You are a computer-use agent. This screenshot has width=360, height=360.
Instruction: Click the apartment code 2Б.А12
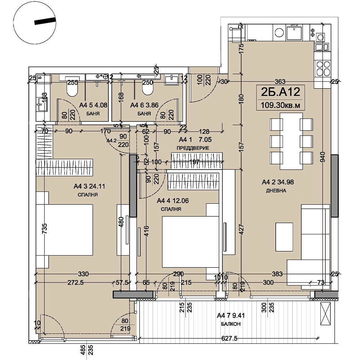[280, 92]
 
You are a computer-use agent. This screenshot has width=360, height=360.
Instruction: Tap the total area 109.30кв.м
[280, 105]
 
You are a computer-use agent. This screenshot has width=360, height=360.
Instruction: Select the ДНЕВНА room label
[276, 191]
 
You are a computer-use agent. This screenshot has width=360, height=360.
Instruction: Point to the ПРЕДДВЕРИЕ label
[193, 148]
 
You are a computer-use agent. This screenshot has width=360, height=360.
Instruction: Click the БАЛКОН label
[231, 324]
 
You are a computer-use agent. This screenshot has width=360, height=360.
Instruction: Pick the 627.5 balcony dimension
[229, 338]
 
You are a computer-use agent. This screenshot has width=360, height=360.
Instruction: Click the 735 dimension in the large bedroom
[44, 229]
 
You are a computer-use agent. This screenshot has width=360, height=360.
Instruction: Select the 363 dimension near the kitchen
[280, 81]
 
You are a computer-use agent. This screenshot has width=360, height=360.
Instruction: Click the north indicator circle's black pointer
[45, 21]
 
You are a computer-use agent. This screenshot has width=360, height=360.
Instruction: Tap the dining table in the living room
[291, 141]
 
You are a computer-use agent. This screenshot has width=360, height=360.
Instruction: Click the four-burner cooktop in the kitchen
[323, 68]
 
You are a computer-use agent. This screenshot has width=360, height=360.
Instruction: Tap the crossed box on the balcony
[325, 314]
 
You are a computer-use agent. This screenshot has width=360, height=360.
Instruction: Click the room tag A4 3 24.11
[89, 186]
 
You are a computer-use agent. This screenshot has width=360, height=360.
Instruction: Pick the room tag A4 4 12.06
[173, 201]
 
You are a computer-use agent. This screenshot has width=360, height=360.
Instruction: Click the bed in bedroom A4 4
[190, 242]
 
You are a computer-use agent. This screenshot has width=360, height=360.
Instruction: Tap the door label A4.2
[112, 140]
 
